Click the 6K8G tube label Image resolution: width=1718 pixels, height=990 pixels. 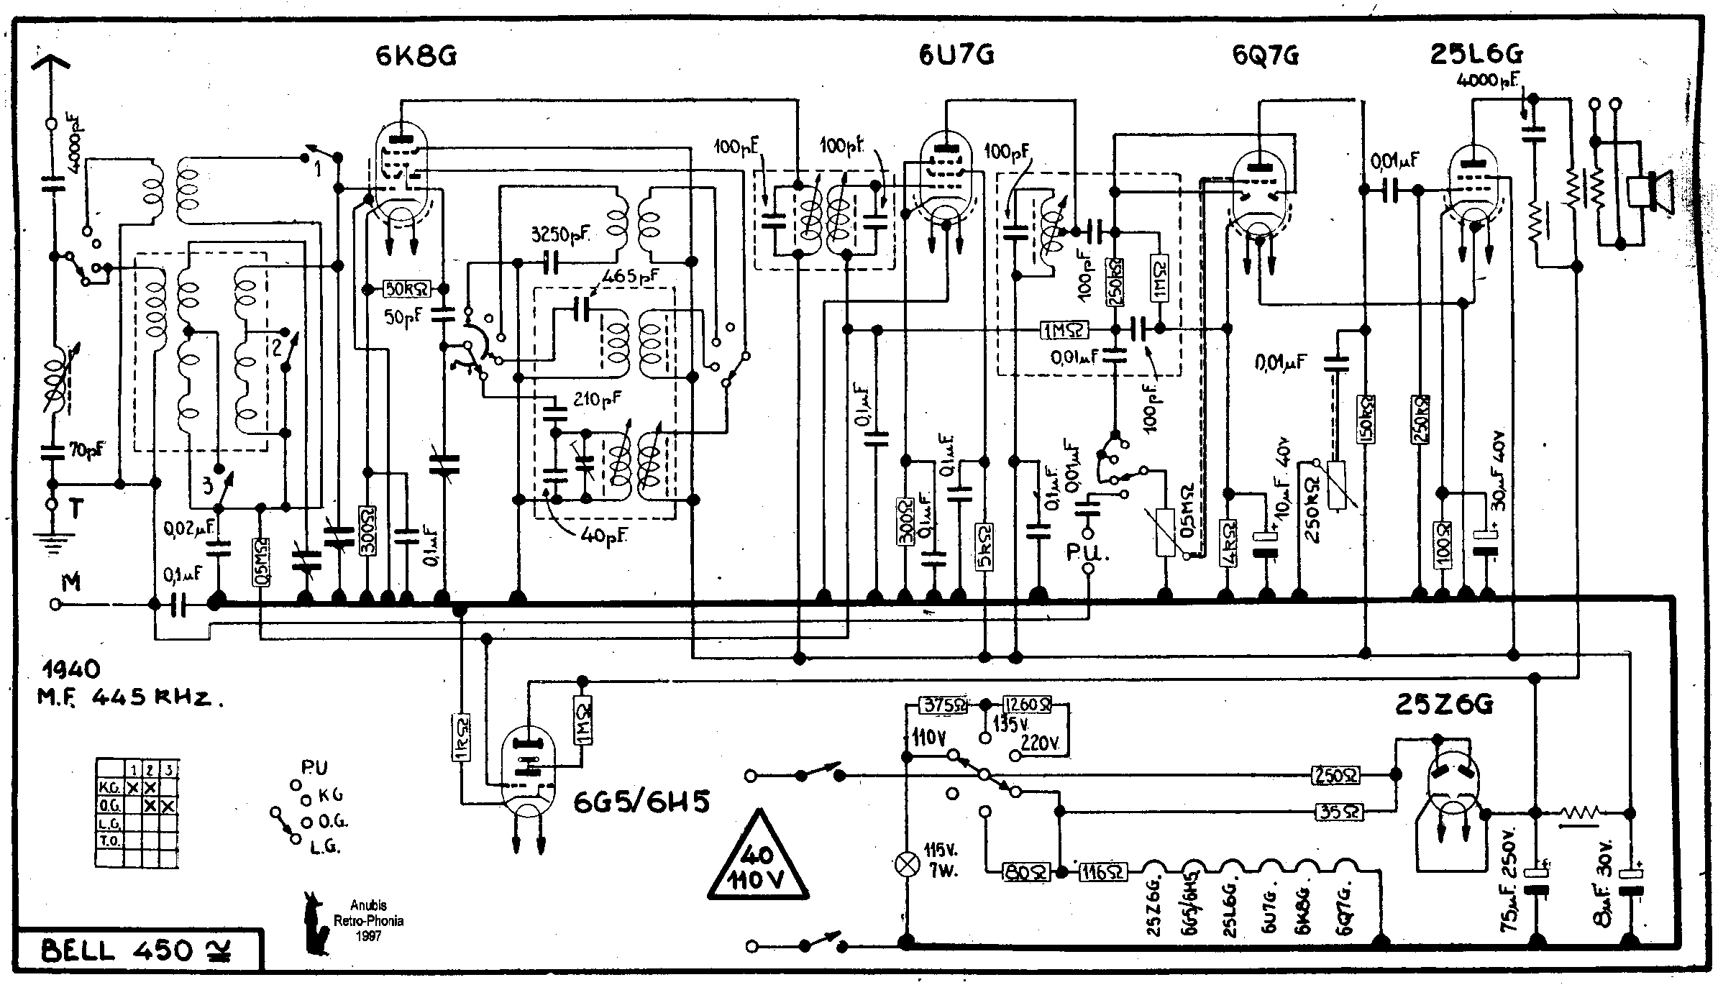coord(416,55)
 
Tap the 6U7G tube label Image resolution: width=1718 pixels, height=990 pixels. coord(956,55)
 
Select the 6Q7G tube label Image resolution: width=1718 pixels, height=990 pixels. coord(1265,55)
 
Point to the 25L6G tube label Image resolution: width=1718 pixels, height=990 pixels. coord(1476,55)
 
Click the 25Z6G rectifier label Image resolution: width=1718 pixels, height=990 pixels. coord(1444,705)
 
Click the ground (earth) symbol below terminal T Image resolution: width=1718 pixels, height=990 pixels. coord(51,540)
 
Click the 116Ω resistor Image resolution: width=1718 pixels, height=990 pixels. coord(1101,872)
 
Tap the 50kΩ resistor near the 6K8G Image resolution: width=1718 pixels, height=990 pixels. coord(406,289)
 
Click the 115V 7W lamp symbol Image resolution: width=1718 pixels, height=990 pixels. coord(908,863)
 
